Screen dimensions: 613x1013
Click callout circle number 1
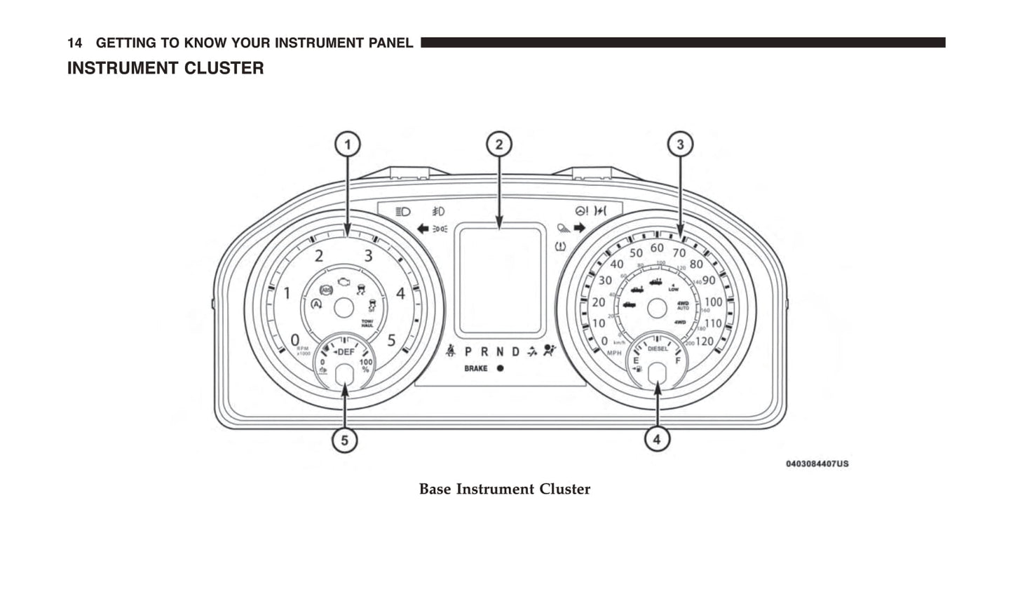[x=347, y=145]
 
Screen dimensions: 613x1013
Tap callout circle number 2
[x=499, y=145]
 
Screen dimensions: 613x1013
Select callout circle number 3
[x=679, y=145]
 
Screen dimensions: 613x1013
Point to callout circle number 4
[x=657, y=440]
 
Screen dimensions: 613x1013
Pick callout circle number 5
[x=344, y=440]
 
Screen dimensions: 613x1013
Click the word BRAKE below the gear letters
[x=476, y=368]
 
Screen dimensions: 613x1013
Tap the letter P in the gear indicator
[x=468, y=352]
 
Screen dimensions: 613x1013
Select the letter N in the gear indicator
[x=500, y=352]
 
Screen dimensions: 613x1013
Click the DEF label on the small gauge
[x=346, y=352]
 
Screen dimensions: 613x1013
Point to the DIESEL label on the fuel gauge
[x=658, y=349]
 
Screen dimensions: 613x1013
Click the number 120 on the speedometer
[x=704, y=342]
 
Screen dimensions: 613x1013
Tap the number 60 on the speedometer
[x=657, y=248]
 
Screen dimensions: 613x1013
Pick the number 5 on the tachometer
[x=391, y=340]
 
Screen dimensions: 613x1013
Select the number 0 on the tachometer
[x=295, y=340]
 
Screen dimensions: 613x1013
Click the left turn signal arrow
[x=422, y=228]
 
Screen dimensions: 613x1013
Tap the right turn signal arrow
[x=579, y=227]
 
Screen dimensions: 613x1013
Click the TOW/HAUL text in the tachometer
[x=367, y=323]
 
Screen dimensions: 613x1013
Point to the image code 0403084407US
[x=817, y=464]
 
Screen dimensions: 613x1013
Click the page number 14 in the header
[x=74, y=43]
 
